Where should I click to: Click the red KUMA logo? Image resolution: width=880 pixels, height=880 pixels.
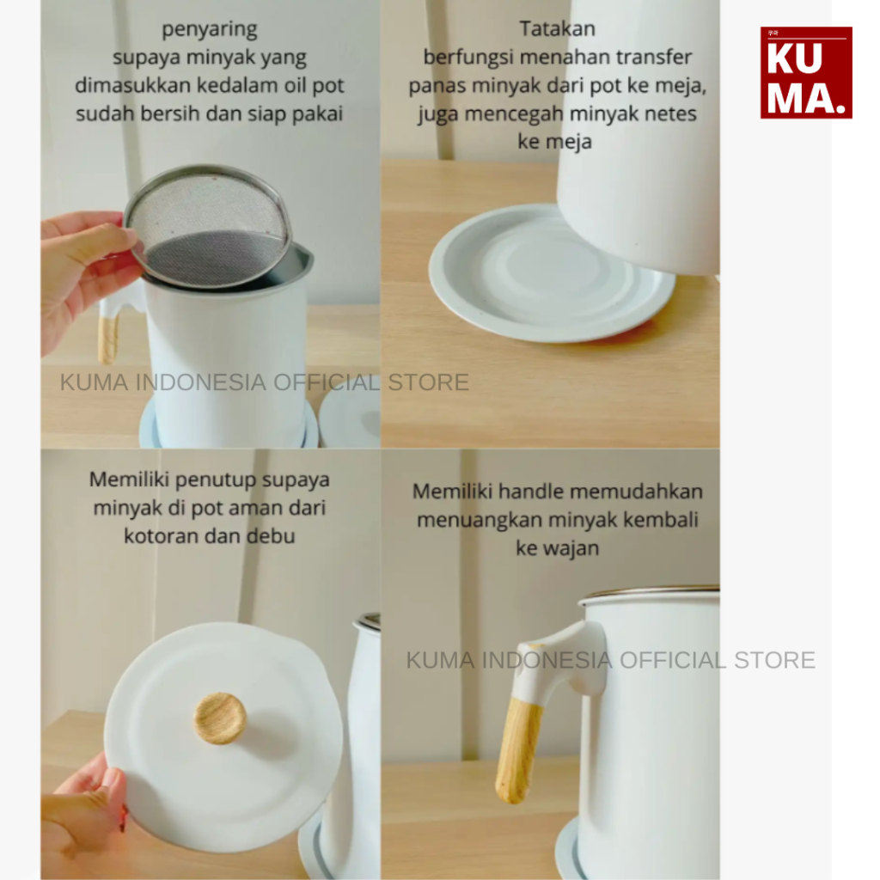tap(806, 72)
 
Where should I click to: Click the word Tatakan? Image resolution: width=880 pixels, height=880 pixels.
tap(557, 28)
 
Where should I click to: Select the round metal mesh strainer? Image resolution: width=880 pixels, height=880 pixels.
tap(207, 226)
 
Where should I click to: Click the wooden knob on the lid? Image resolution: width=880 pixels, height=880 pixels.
tap(220, 718)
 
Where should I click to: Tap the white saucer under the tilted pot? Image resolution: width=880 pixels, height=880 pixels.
tap(551, 273)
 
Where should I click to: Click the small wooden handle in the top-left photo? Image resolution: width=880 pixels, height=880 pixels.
tap(107, 339)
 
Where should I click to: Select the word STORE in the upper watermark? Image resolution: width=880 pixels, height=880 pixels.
tap(428, 382)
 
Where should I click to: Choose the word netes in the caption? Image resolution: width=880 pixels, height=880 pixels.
tap(670, 113)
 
